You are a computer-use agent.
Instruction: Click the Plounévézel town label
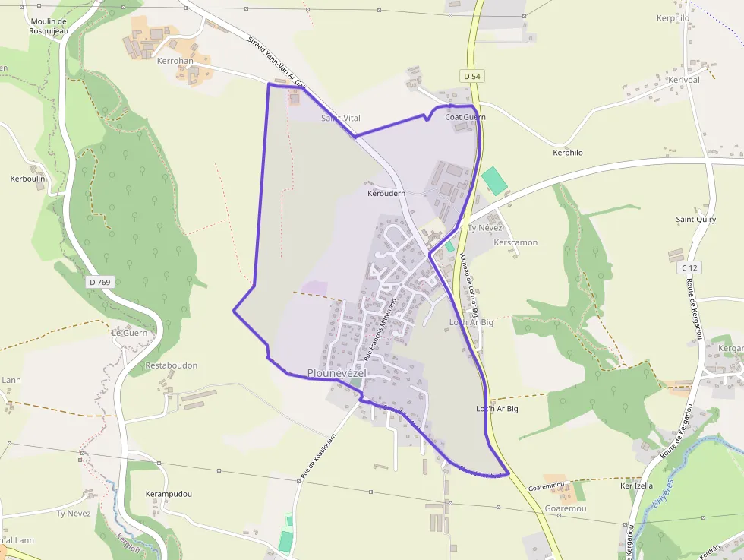click(x=337, y=373)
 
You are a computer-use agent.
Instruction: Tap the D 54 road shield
click(x=471, y=76)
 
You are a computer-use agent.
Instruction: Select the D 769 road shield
click(x=99, y=282)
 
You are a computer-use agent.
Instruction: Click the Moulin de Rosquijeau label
click(x=49, y=25)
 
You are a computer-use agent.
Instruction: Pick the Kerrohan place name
click(x=175, y=60)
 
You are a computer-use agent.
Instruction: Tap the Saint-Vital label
click(x=341, y=118)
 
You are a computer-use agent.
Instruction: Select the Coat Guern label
click(x=465, y=117)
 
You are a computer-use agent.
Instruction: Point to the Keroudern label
click(x=386, y=193)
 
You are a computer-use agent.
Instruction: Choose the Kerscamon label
click(x=515, y=242)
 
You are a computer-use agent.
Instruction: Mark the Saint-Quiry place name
click(x=696, y=220)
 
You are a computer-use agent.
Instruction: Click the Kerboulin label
click(x=28, y=179)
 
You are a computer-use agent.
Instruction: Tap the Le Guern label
click(x=129, y=332)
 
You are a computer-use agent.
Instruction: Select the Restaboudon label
click(x=172, y=365)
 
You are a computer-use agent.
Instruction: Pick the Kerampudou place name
click(x=169, y=494)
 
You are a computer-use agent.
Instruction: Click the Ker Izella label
click(x=636, y=486)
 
